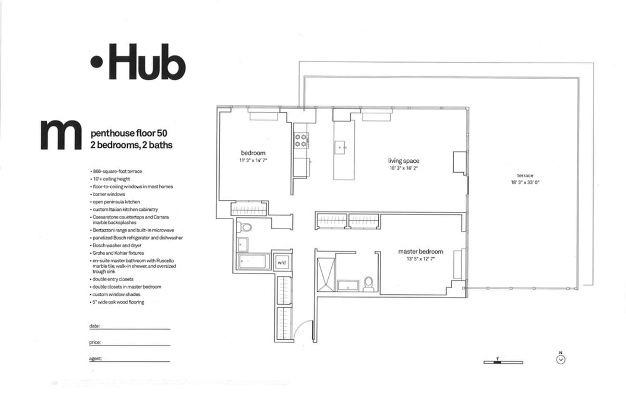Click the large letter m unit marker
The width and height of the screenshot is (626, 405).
[x=61, y=137]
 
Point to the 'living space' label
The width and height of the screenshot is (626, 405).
[x=403, y=161]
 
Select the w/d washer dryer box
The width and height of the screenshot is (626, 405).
[x=281, y=262]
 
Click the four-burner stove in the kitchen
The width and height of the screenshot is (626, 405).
[x=302, y=140]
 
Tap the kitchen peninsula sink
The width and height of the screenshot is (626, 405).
[x=343, y=147]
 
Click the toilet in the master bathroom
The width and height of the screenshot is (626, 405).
[x=368, y=283]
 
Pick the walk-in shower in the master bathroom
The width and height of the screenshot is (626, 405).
[x=324, y=274]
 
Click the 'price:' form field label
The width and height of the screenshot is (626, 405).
[x=95, y=343]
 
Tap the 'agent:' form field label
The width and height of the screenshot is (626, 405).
[x=95, y=359]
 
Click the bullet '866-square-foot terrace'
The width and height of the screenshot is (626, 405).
[x=117, y=171]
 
